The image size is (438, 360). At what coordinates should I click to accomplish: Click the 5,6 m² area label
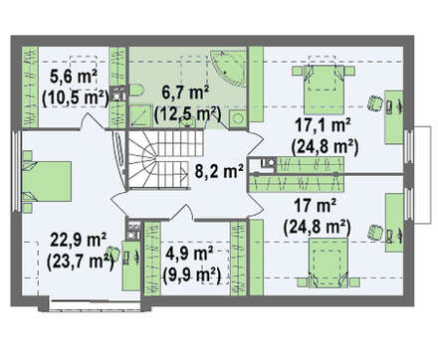(x=74, y=77)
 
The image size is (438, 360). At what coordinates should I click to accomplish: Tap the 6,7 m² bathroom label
(x=185, y=92)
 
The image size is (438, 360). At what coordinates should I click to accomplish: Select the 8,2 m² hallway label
(x=219, y=171)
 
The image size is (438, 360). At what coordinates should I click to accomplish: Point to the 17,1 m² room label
(x=323, y=126)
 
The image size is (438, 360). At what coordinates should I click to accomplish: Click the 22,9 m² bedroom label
(x=79, y=241)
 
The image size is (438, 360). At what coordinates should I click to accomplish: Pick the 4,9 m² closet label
(x=189, y=255)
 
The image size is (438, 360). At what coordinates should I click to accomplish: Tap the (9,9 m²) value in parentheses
(x=192, y=274)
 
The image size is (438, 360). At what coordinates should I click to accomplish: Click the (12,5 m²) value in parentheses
(x=187, y=113)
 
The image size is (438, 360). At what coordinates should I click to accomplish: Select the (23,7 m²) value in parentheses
(x=81, y=262)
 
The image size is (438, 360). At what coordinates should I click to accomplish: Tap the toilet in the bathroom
(x=135, y=90)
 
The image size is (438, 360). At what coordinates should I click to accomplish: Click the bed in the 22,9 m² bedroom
(x=47, y=181)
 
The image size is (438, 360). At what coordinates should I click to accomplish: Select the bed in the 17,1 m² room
(x=324, y=85)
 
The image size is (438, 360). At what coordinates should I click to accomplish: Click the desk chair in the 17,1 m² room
(x=375, y=103)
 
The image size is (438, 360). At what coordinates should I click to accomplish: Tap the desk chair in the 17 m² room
(x=375, y=232)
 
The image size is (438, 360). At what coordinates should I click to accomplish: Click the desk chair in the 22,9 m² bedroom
(x=113, y=254)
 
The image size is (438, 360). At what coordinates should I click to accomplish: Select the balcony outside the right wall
(x=423, y=175)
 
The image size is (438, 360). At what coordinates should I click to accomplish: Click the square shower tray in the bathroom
(x=139, y=115)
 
